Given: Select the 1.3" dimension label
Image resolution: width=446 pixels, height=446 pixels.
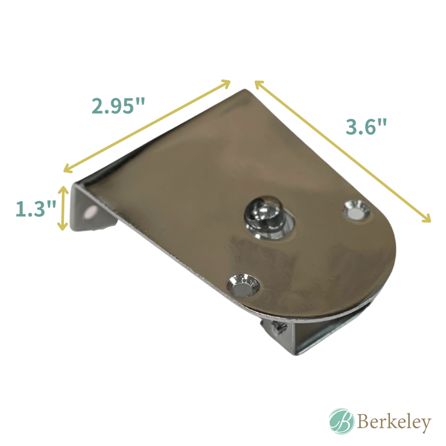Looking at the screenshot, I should pos(36,208).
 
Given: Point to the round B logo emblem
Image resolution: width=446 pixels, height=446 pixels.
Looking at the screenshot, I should pos(341,421).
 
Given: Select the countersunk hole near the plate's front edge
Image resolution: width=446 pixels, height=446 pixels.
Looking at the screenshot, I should pos(243,285).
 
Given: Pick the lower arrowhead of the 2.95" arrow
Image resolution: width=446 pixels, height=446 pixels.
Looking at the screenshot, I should pos(66,170).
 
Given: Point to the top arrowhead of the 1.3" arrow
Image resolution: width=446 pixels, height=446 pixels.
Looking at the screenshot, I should pos(63,189).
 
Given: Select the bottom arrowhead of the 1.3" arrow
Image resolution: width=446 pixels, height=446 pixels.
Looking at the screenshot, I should pos(63,227).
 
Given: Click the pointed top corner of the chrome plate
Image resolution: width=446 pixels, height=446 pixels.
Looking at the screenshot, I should pos(245,91).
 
